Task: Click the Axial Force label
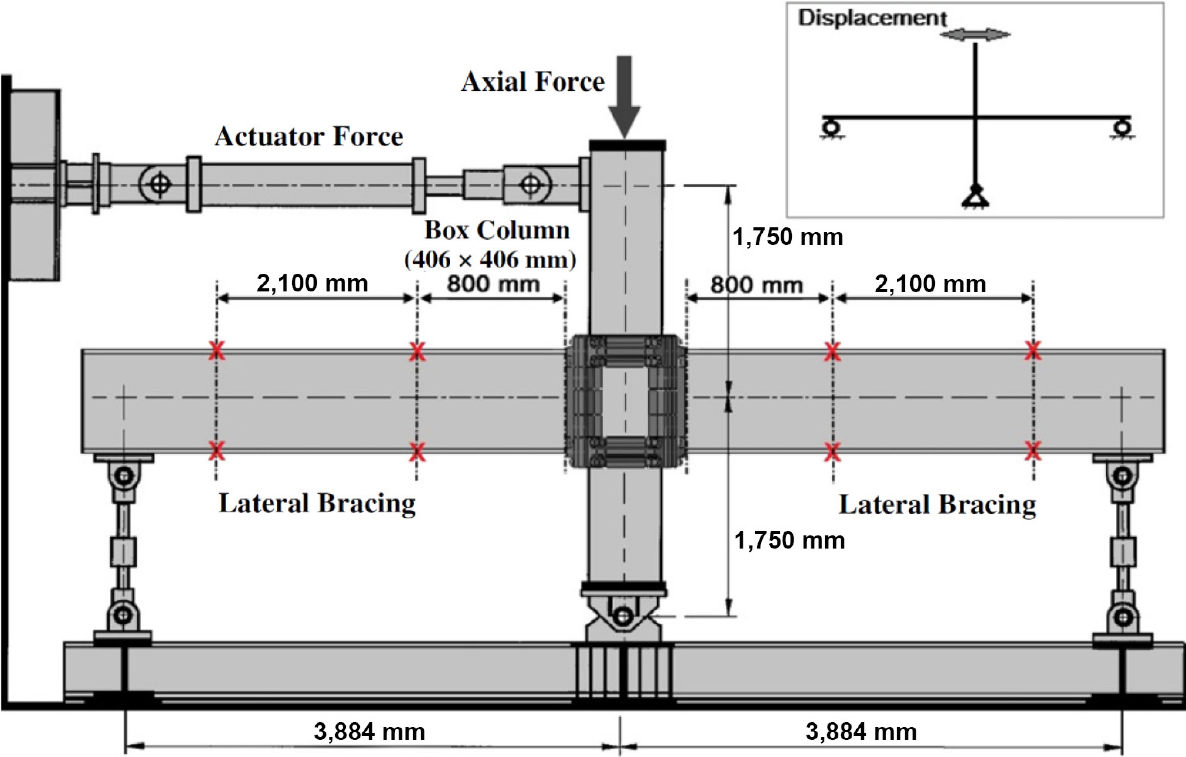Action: pos(533,82)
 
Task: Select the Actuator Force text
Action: pos(309,136)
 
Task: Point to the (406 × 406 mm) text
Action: pos(490,259)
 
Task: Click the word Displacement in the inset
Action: pos(872,18)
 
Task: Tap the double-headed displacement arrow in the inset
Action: pos(975,34)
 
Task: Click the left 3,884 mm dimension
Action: pos(369,732)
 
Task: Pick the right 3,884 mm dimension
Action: pos(861,732)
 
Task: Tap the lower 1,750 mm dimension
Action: pos(789,540)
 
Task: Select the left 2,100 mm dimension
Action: pos(312,283)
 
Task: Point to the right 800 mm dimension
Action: pos(757,285)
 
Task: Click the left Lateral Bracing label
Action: pos(317,503)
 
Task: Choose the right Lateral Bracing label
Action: pos(937,505)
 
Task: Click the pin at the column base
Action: pos(624,616)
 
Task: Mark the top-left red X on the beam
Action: pos(216,351)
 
